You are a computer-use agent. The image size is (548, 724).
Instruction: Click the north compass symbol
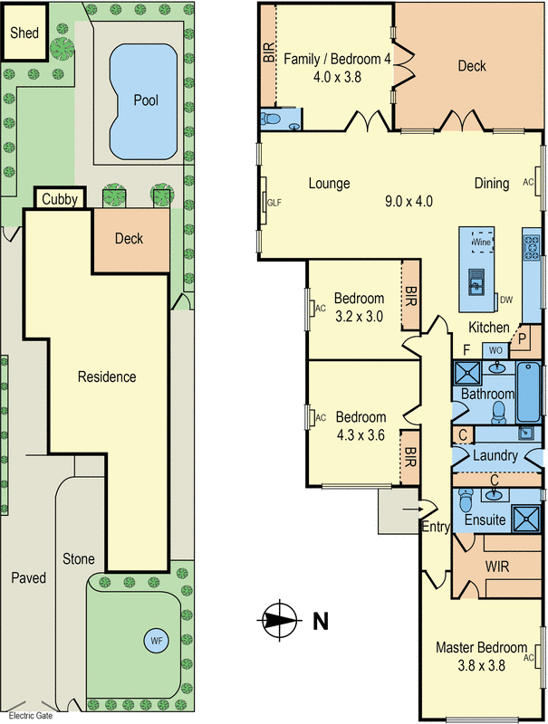pyautogui.click(x=280, y=620)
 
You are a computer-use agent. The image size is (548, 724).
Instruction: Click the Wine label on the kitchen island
pyautogui.click(x=481, y=243)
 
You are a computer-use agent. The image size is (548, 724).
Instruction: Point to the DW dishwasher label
pyautogui.click(x=506, y=300)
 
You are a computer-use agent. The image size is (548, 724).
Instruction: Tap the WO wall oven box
pyautogui.click(x=495, y=349)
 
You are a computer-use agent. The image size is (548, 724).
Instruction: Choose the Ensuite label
pyautogui.click(x=485, y=521)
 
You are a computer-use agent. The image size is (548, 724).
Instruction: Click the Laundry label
pyautogui.click(x=495, y=456)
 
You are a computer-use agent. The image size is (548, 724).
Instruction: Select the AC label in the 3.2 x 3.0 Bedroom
pyautogui.click(x=321, y=308)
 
